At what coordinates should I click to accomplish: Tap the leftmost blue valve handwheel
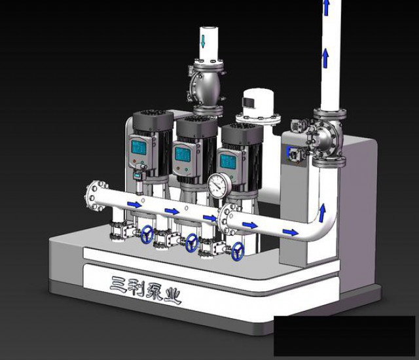147,234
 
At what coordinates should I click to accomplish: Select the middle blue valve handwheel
192,242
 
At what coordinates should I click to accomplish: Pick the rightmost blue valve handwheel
237,251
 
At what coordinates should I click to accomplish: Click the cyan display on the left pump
139,147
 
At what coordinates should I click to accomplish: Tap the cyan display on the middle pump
183,154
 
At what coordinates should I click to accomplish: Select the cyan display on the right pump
228,161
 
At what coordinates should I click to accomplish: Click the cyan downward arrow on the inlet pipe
203,41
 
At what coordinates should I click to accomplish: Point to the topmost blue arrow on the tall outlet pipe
326,7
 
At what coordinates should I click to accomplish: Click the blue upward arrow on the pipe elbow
323,213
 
